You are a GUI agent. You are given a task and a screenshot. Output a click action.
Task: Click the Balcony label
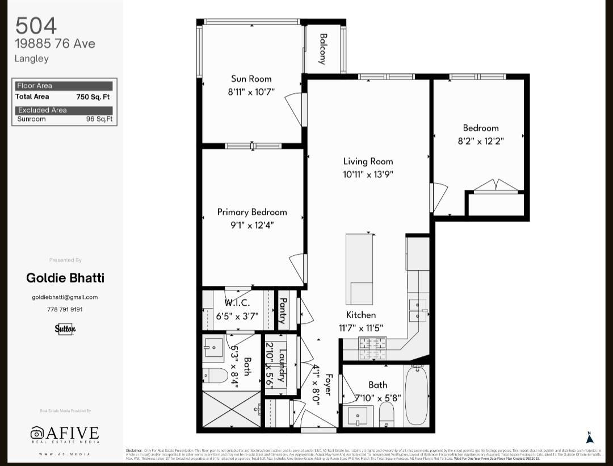[323, 49]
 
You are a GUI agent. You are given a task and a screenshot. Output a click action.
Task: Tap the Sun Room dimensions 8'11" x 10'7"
[251, 91]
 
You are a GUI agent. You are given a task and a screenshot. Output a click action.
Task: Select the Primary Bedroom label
[252, 212]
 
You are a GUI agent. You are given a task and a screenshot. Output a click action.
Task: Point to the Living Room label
[368, 161]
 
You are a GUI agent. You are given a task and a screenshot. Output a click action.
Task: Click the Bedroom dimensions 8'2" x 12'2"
[481, 141]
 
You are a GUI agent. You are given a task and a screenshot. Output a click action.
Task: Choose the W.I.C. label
[237, 303]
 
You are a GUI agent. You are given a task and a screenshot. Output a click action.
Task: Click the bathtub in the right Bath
[417, 394]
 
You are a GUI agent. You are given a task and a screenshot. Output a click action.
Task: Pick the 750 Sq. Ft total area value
[93, 97]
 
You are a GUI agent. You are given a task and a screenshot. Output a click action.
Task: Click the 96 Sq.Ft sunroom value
[99, 119]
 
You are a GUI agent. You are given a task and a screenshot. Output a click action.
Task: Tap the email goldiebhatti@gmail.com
[65, 297]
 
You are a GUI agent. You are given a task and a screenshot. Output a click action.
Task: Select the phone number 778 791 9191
[65, 310]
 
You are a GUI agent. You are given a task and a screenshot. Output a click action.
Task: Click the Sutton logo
[65, 328]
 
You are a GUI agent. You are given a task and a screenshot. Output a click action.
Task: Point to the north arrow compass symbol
[589, 437]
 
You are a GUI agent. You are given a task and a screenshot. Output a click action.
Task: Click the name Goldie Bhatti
[65, 278]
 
